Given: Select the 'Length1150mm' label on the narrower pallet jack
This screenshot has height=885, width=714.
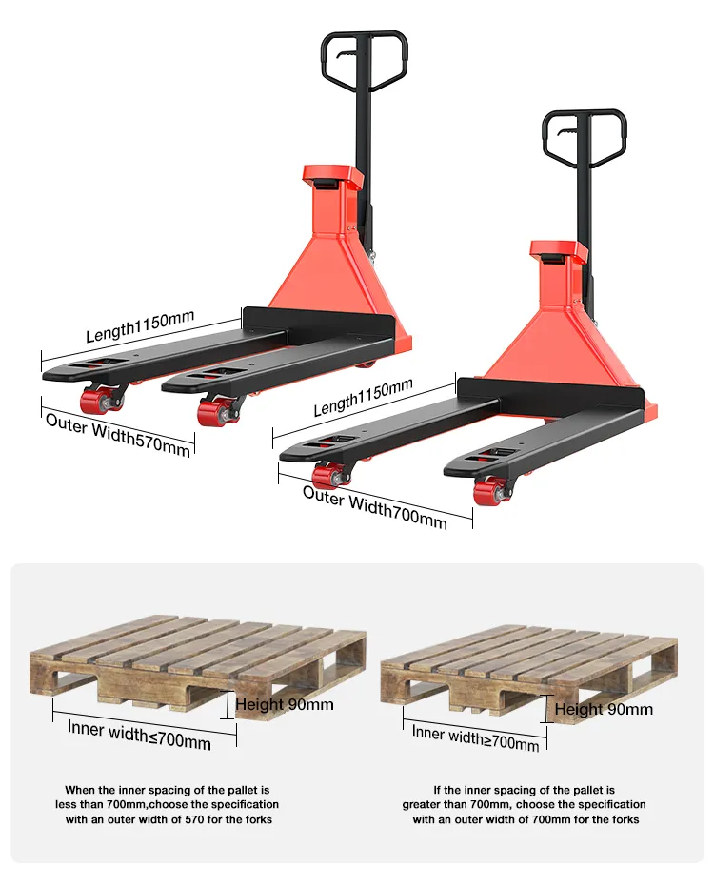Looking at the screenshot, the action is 140,326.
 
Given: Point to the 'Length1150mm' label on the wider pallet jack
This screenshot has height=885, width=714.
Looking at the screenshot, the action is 363,398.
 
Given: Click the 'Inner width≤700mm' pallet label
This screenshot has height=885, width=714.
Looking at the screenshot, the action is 139,735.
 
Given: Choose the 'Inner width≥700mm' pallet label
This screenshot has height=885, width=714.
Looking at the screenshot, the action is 475,738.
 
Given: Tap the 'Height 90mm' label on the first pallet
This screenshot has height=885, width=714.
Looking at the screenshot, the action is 285,704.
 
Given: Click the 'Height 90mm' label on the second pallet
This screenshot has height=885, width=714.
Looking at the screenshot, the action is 604,710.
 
